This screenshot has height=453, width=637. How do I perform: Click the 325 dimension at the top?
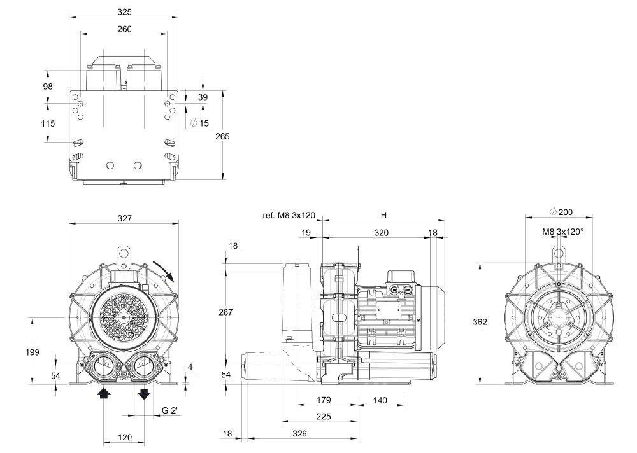[x=124, y=11]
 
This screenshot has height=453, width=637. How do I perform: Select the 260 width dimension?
[x=124, y=29]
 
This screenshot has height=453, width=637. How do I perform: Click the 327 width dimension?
[x=124, y=218]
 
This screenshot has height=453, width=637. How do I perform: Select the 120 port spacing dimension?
[x=124, y=438]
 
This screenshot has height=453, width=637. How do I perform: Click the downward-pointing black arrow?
[x=144, y=393]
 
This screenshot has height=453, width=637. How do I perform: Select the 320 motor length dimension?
[x=381, y=233]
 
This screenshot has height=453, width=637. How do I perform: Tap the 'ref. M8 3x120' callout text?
[x=289, y=216]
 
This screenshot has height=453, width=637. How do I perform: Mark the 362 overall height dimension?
[x=480, y=322]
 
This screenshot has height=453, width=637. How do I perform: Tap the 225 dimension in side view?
[x=324, y=417]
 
